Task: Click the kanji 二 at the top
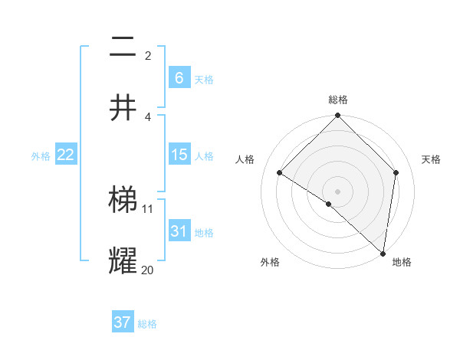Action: pyautogui.click(x=123, y=48)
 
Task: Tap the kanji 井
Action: pyautogui.click(x=123, y=108)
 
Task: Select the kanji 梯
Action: pyautogui.click(x=123, y=201)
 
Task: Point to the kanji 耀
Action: pyautogui.click(x=123, y=261)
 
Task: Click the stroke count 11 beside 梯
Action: pyautogui.click(x=148, y=208)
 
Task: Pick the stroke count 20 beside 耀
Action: pyautogui.click(x=148, y=270)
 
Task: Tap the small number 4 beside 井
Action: pyautogui.click(x=148, y=116)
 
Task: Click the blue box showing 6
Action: pyautogui.click(x=179, y=77)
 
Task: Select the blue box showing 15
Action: pyautogui.click(x=179, y=155)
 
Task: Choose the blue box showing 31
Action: pyautogui.click(x=179, y=231)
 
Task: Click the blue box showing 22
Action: pyautogui.click(x=65, y=155)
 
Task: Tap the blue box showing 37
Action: pyautogui.click(x=122, y=322)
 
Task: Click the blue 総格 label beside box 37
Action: pyautogui.click(x=147, y=324)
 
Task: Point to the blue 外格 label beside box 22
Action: pyautogui.click(x=41, y=156)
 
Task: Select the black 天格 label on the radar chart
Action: pyautogui.click(x=431, y=160)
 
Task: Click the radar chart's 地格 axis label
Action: pyautogui.click(x=402, y=263)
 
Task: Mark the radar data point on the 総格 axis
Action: pyautogui.click(x=337, y=116)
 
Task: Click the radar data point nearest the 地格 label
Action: pyautogui.click(x=383, y=253)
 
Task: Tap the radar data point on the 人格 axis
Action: pyautogui.click(x=280, y=173)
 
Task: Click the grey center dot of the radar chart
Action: pyautogui.click(x=337, y=191)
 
